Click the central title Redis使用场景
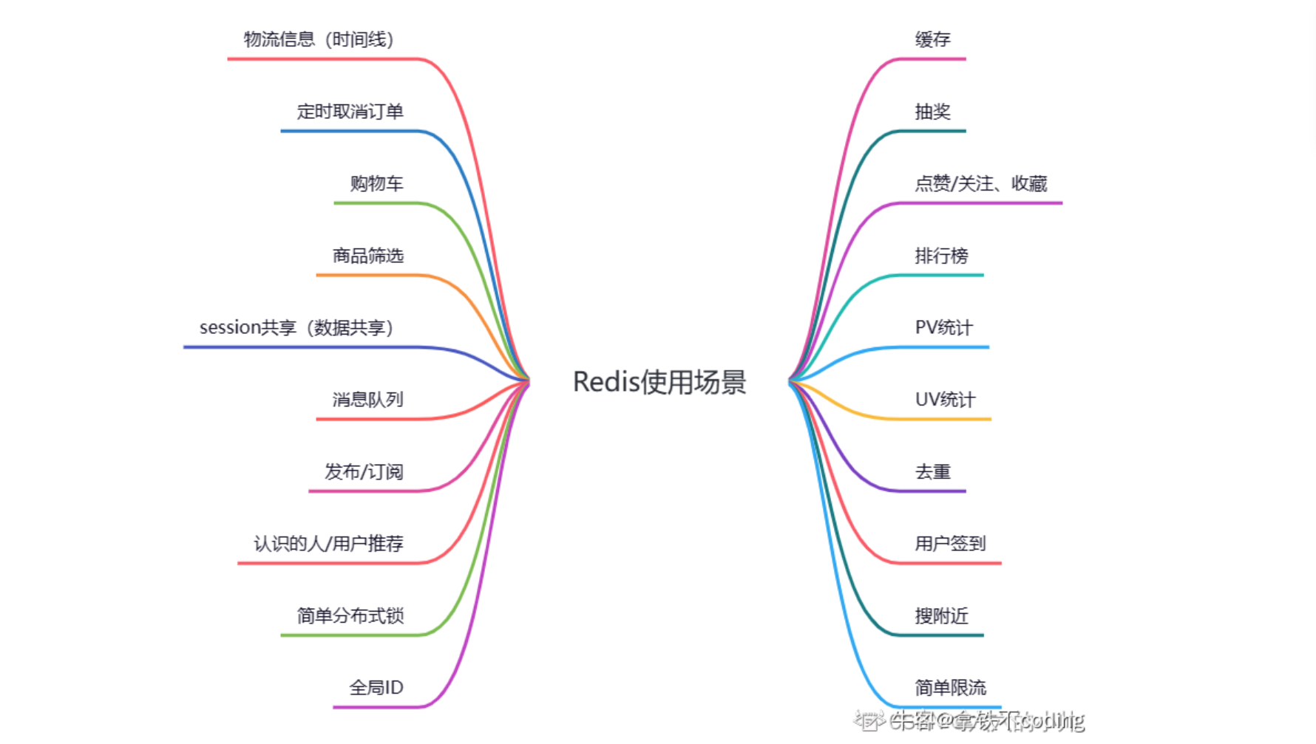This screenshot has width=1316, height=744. [659, 382]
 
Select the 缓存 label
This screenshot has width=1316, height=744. [932, 40]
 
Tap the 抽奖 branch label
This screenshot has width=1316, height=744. [932, 112]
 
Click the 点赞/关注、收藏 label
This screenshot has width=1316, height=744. [980, 183]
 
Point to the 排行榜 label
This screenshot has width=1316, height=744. [941, 256]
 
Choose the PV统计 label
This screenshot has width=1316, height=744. [943, 327]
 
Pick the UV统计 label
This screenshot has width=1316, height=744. [945, 400]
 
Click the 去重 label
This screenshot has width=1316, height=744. [932, 471]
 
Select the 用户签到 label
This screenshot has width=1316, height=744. [950, 544]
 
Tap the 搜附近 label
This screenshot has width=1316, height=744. [941, 615]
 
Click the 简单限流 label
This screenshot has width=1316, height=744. [950, 688]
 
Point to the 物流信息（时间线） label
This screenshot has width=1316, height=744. [318, 40]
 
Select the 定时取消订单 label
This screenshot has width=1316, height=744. [350, 112]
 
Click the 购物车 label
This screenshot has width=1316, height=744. [376, 183]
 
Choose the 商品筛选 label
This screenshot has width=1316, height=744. [367, 256]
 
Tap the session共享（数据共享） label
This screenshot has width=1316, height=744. [296, 327]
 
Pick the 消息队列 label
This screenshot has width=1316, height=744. [367, 400]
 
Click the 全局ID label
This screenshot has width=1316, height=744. [376, 688]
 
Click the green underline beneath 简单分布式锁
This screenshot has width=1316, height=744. [347, 635]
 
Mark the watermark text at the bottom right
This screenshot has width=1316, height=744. [969, 720]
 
